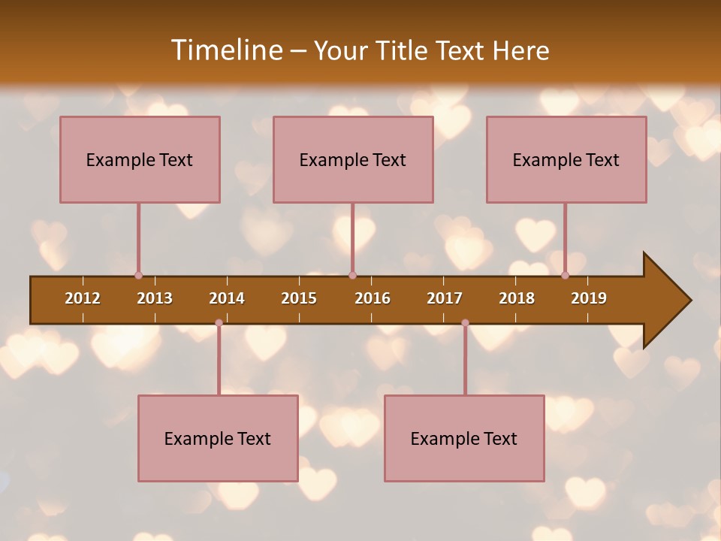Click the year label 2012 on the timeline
coord(83,298)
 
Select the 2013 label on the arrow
coord(155,298)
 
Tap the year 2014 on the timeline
coord(227,298)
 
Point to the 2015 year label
coord(299,298)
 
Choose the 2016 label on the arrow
coord(373,298)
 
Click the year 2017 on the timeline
coord(445,298)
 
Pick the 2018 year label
coord(517,298)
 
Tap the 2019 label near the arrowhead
coord(589,298)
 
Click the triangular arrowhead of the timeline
coord(665,301)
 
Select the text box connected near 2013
coord(140,159)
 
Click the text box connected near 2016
coord(353,159)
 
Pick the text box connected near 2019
coord(566,159)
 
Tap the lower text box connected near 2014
coord(218,438)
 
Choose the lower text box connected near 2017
coord(464,438)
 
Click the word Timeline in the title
coord(225,50)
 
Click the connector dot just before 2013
coord(138,275)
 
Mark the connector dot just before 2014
coord(219,323)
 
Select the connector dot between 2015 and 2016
coord(352,275)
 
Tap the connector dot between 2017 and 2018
coord(465,323)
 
